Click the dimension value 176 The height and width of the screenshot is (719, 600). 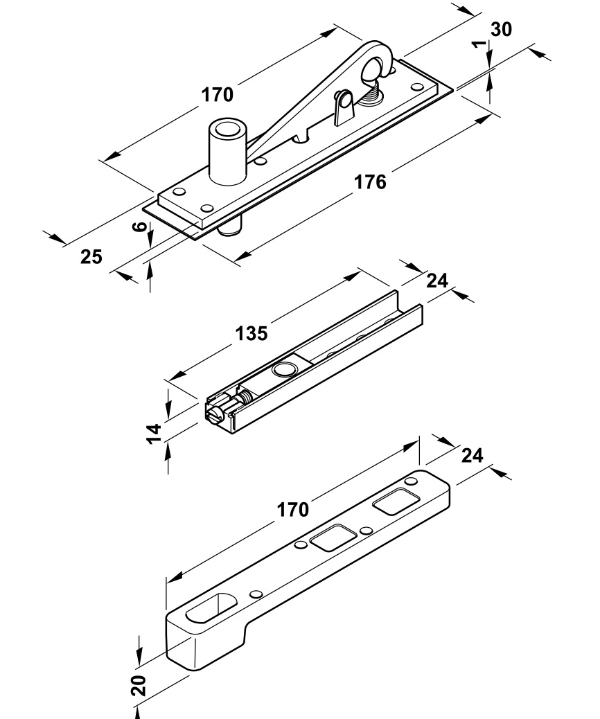(370, 181)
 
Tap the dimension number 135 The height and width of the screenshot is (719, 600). (251, 333)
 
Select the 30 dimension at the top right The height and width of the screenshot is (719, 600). (501, 29)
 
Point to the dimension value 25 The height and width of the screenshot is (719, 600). (91, 257)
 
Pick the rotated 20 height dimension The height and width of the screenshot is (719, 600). (139, 685)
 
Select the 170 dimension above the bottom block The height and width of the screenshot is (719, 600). (293, 510)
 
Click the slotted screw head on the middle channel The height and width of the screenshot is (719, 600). (215, 414)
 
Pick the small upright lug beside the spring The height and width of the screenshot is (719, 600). (342, 107)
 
